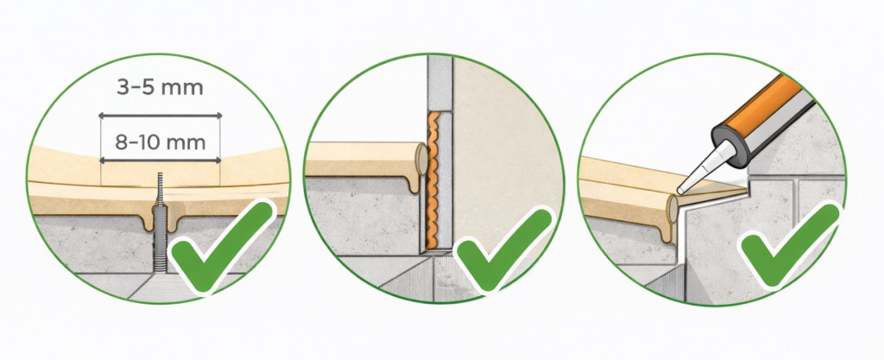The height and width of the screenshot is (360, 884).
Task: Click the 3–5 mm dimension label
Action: pyautogui.click(x=160, y=88)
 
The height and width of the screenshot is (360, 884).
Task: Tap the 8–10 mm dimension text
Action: pyautogui.click(x=161, y=142)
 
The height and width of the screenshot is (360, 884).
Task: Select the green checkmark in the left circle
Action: pyautogui.click(x=222, y=246)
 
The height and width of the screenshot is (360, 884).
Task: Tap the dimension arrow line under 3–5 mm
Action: pyautogui.click(x=160, y=116)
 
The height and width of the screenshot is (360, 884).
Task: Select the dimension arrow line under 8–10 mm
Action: pyautogui.click(x=160, y=161)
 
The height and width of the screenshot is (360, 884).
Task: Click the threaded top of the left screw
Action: pyautogui.click(x=160, y=189)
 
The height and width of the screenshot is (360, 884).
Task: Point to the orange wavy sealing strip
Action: pyautogui.click(x=433, y=180)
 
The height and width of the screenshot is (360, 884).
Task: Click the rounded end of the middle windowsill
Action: pyautogui.click(x=421, y=160)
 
